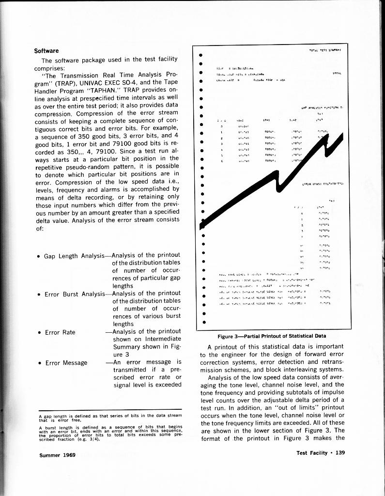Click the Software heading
[46, 51]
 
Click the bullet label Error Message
[66, 362]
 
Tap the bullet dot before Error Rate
[38, 333]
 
